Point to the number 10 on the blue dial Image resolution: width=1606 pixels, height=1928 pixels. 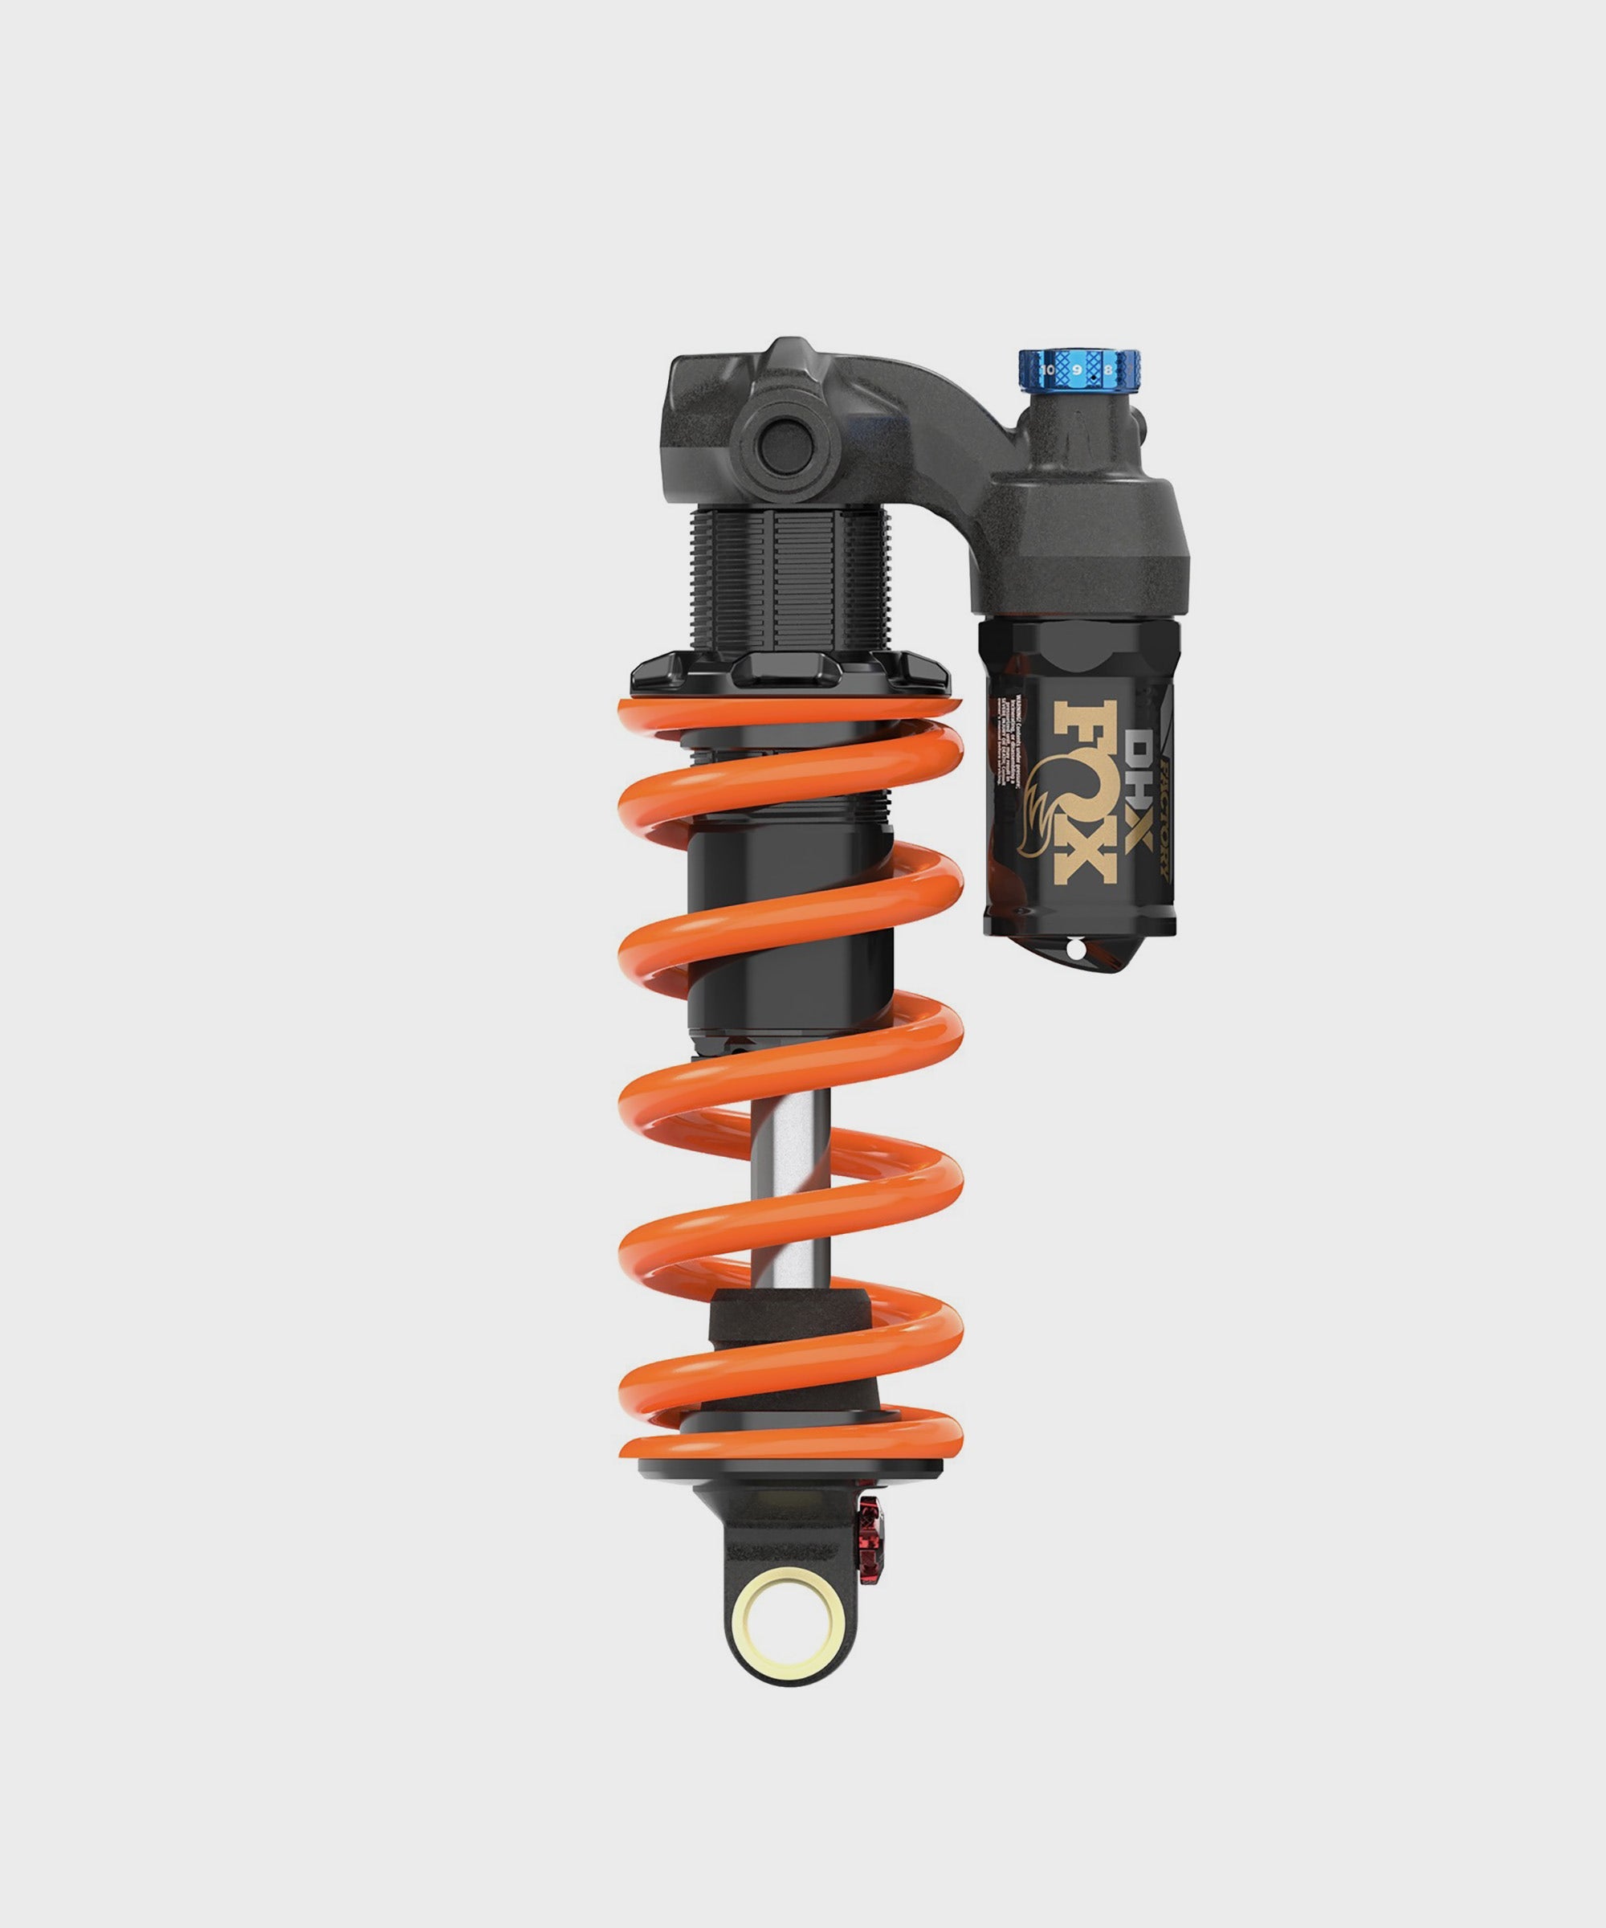[1048, 369]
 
